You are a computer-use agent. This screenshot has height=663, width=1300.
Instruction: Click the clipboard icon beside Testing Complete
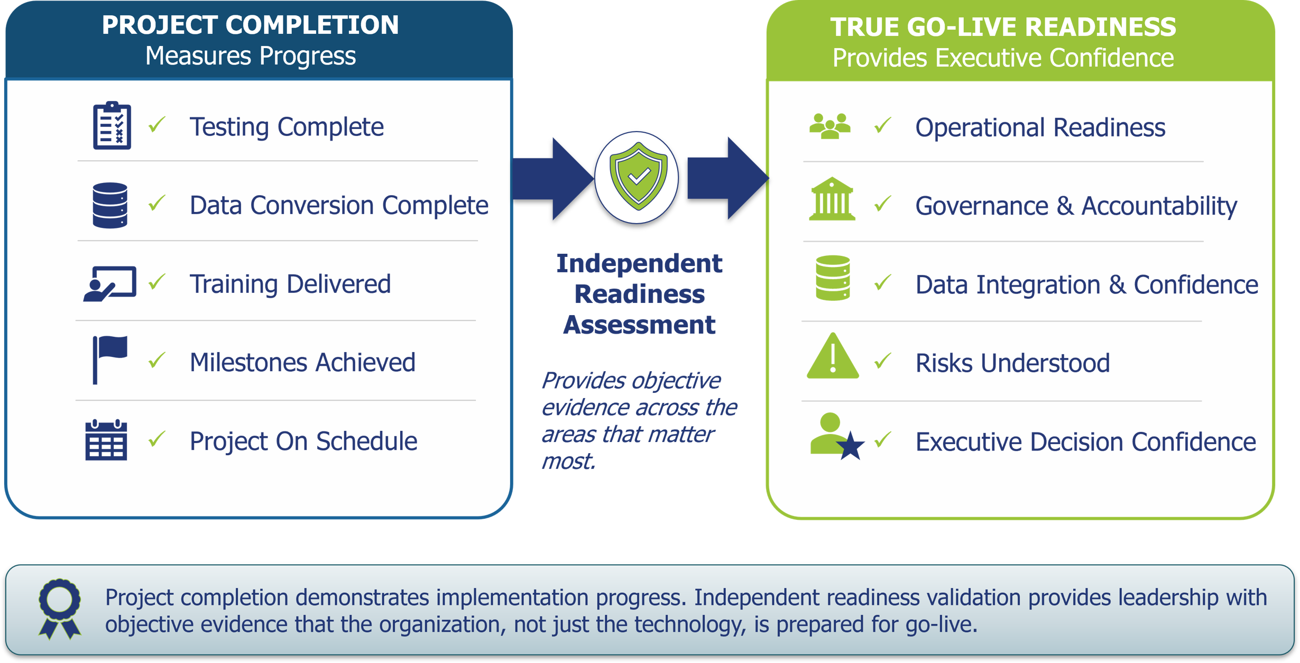click(x=112, y=125)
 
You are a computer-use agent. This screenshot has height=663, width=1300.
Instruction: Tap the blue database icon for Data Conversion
click(x=110, y=205)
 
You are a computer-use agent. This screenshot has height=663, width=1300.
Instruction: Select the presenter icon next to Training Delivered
click(x=110, y=284)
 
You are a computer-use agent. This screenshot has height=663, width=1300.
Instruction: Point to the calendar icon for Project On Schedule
click(x=106, y=440)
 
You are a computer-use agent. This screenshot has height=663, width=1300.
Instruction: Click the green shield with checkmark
click(x=638, y=176)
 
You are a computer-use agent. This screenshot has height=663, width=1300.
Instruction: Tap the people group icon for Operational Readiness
click(x=830, y=126)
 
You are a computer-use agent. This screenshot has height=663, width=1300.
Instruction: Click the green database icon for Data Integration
click(x=833, y=278)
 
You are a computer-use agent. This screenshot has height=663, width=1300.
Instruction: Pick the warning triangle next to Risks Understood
click(x=833, y=356)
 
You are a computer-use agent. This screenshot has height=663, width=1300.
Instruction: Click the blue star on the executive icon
click(x=851, y=446)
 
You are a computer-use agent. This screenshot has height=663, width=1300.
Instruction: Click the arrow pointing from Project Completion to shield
click(x=553, y=179)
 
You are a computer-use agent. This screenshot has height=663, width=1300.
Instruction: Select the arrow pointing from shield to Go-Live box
click(x=728, y=178)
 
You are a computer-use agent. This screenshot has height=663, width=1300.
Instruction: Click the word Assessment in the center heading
click(x=639, y=325)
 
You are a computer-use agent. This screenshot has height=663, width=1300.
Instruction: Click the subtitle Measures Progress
click(x=251, y=56)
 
